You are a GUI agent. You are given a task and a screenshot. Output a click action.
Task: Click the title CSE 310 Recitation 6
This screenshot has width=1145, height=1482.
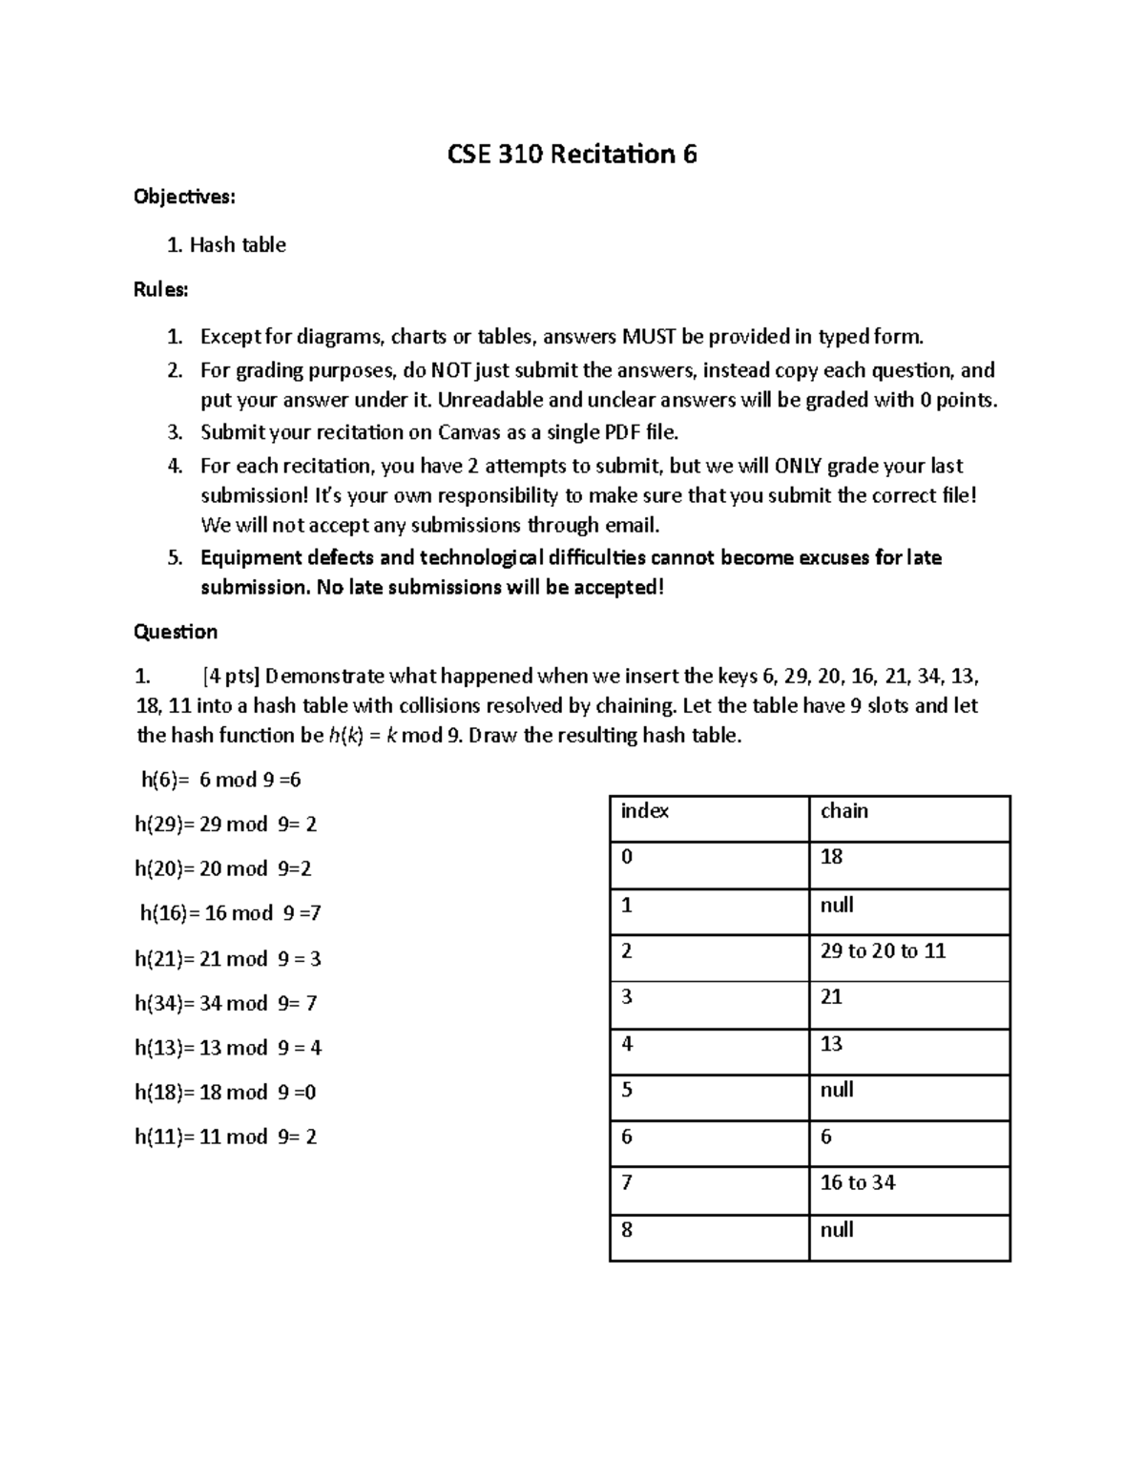pos(572,154)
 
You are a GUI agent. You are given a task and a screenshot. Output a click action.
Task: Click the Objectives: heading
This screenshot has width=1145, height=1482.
pos(184,197)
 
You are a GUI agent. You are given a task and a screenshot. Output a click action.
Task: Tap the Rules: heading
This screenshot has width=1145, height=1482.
pos(161,290)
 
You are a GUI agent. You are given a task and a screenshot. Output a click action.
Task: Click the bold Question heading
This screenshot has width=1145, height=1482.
pos(176,632)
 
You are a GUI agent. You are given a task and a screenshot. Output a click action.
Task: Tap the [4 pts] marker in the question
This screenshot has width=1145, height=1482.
pos(231,677)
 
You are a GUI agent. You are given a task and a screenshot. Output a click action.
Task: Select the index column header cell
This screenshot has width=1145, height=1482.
pos(708,818)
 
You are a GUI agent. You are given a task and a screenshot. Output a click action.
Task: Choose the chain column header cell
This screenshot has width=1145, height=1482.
pos(908,818)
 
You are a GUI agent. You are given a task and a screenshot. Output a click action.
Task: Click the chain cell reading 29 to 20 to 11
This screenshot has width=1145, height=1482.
pos(908,957)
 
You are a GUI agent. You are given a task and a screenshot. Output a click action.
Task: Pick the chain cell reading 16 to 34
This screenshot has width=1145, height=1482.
pos(908,1190)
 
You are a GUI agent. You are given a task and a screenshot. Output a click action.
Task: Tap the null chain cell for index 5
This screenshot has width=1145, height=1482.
pos(908,1097)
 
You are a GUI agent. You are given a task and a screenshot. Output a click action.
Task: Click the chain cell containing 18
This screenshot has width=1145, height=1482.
pos(908,865)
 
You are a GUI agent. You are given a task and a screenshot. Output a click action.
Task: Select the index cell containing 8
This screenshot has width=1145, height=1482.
pos(708,1237)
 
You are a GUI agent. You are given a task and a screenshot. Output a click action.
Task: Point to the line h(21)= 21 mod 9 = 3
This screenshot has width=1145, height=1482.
pos(228,959)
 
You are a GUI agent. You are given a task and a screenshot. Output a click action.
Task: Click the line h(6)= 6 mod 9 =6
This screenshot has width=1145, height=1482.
pos(220,780)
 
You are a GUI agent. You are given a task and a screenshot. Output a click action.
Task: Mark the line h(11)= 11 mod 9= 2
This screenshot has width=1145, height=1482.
pos(226,1137)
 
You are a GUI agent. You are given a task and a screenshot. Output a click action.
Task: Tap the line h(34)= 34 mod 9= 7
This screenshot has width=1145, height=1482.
pos(226,1003)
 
